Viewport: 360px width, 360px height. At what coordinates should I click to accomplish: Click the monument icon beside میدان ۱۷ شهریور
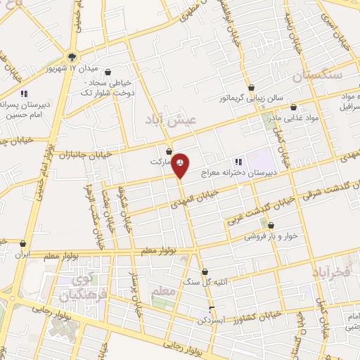[x=72, y=57]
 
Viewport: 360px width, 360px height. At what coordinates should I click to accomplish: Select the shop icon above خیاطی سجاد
[x=107, y=72]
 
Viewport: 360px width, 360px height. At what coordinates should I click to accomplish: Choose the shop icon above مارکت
[x=169, y=150]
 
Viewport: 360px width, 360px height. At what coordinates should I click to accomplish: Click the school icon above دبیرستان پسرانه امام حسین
[x=24, y=93]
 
